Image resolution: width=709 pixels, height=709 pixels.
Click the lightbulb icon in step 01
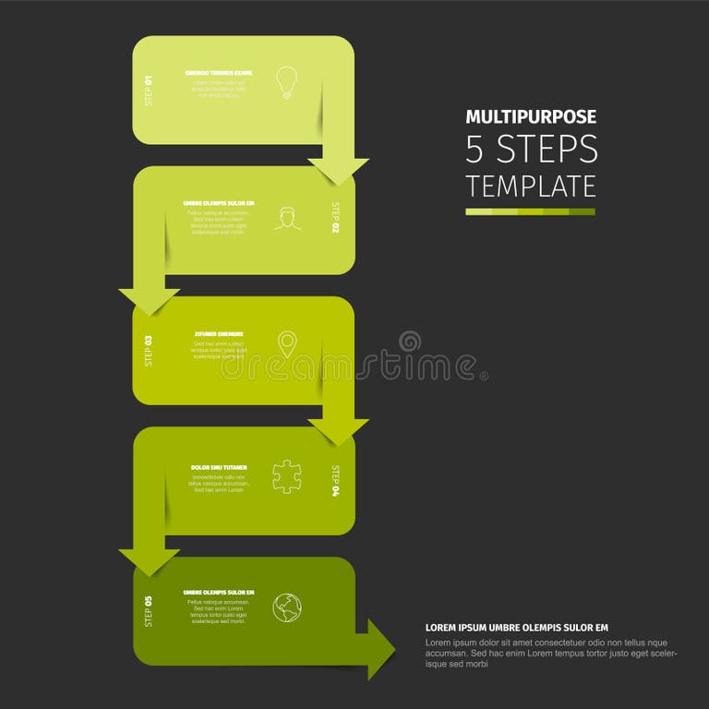coord(287,81)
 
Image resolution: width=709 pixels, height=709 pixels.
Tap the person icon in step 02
coord(287,219)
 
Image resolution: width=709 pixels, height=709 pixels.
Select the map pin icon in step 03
coord(287,345)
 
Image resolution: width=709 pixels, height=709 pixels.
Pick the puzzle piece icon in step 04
coord(287,476)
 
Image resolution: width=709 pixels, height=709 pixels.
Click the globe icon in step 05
coord(287,607)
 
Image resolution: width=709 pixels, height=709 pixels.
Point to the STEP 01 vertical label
coord(149,90)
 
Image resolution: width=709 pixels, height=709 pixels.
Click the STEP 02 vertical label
coord(336,218)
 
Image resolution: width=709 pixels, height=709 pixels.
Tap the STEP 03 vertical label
coord(149,350)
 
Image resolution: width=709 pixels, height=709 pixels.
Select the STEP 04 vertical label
coord(336,480)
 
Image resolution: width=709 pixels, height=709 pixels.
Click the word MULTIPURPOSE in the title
coord(531,117)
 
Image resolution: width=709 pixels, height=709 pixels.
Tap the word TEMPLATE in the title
coord(531,186)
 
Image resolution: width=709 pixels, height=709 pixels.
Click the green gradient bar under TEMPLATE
coord(531,211)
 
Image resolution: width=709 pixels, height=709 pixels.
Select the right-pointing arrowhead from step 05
coord(380,650)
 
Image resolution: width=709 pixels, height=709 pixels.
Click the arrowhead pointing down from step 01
coord(338,171)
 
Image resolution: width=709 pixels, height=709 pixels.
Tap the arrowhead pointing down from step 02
coord(149,301)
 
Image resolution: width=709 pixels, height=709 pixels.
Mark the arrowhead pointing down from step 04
coord(149,561)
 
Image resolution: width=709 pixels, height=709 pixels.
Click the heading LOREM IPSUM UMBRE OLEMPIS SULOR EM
coord(517,628)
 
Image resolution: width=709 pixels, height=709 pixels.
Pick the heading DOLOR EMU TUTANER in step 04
coord(219,467)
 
